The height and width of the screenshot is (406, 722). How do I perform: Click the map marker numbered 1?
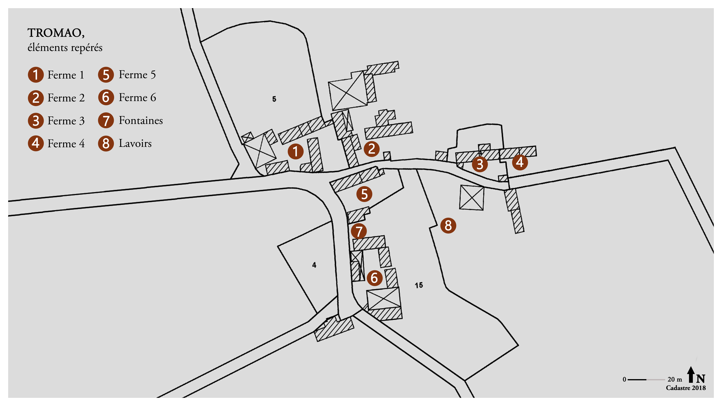tap(295, 151)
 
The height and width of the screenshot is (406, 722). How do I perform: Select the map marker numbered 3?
tap(480, 164)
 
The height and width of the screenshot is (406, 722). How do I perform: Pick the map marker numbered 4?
tap(520, 162)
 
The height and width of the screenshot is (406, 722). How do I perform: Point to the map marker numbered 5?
tap(364, 194)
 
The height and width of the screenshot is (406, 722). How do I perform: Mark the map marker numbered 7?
tap(359, 231)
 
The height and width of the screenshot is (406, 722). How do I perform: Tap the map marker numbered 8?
tap(448, 225)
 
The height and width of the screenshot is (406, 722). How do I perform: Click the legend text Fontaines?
tap(141, 120)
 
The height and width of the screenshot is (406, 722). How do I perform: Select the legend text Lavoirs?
tap(135, 143)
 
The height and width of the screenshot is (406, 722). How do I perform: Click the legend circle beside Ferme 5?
tap(106, 75)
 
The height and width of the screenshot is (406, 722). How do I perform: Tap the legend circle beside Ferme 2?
tap(36, 98)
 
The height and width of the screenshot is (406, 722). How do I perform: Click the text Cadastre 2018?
tap(686, 388)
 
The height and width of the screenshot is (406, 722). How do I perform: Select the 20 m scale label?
tap(675, 379)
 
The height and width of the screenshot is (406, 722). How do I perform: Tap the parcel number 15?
tap(419, 285)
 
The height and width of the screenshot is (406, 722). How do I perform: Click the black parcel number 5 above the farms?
tap(274, 99)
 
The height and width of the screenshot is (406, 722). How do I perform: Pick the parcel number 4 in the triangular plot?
tap(314, 265)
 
